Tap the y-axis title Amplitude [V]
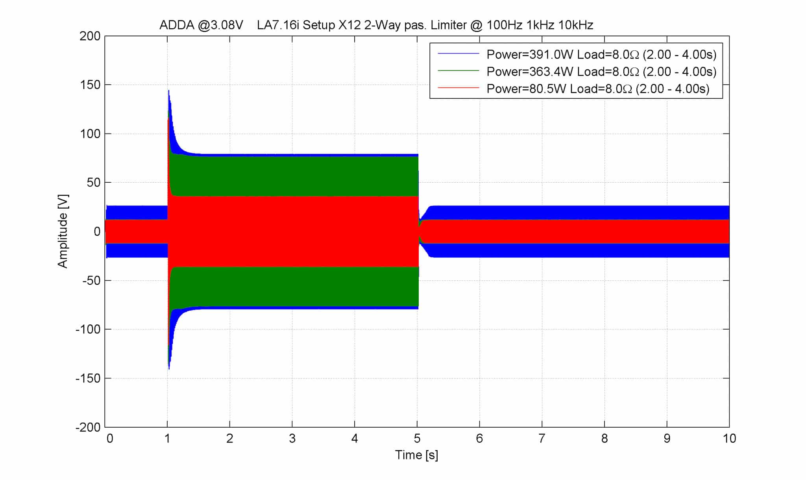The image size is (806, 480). click(x=63, y=231)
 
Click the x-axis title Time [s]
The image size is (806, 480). click(x=416, y=455)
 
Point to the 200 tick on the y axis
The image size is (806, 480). click(x=90, y=36)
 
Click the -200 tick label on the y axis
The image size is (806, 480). click(x=88, y=427)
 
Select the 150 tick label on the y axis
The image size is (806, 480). click(x=90, y=85)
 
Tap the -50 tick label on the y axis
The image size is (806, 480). click(x=91, y=280)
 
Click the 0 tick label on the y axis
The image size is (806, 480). click(x=97, y=232)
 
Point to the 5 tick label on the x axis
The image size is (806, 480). click(x=417, y=438)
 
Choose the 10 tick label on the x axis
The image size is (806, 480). click(x=729, y=438)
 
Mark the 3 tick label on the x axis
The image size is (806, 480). click(x=292, y=438)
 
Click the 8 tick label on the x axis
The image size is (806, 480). click(x=604, y=438)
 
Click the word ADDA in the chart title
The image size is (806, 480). click(x=177, y=25)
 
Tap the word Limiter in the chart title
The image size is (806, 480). click(x=449, y=25)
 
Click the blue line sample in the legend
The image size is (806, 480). click(x=458, y=54)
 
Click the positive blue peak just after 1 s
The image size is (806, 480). click(x=169, y=91)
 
